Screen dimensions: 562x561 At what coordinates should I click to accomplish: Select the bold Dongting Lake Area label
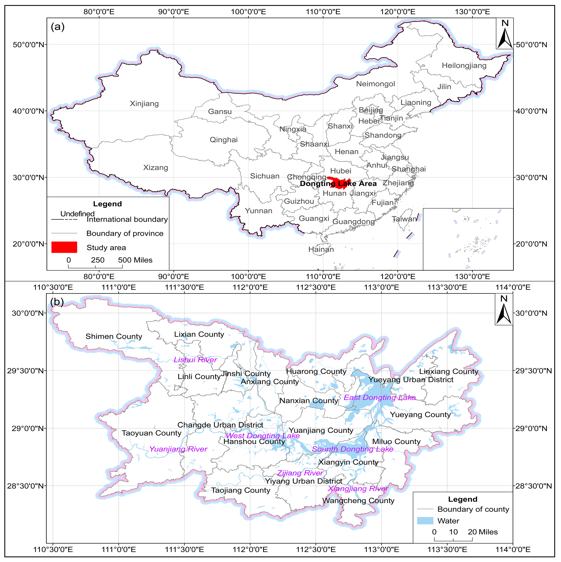pyautogui.click(x=338, y=184)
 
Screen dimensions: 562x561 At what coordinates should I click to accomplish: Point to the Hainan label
pyautogui.click(x=321, y=249)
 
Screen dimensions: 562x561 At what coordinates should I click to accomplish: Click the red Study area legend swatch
pyautogui.click(x=64, y=247)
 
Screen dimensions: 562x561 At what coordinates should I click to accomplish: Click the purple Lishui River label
pyautogui.click(x=195, y=360)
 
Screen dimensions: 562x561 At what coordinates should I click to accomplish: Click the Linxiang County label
pyautogui.click(x=449, y=371)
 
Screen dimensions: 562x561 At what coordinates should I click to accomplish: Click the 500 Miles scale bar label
pyautogui.click(x=135, y=260)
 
